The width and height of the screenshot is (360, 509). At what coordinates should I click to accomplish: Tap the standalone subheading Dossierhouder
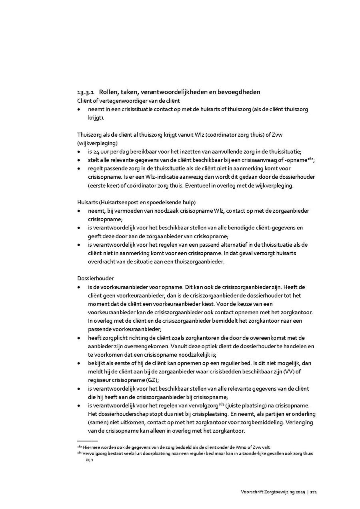point(92,278)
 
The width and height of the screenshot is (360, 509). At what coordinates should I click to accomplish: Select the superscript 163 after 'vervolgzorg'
point(221,404)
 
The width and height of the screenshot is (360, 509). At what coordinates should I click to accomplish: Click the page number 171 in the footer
point(314,492)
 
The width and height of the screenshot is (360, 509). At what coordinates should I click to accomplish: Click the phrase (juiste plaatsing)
point(244,405)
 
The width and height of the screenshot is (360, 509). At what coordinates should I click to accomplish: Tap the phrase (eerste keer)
point(102,186)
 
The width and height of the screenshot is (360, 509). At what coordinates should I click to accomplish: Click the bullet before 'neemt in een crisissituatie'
point(79,109)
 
